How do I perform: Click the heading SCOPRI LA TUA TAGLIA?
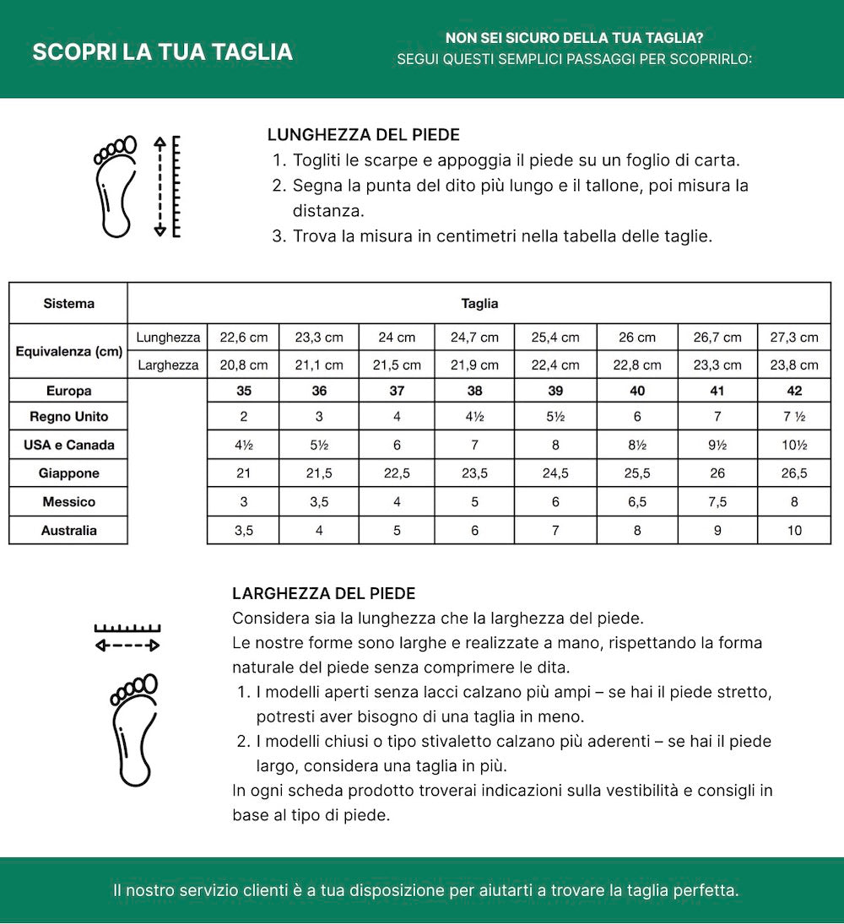[x=162, y=51]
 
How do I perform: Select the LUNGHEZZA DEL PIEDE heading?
[x=363, y=135]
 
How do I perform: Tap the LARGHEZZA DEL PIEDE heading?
[x=323, y=594]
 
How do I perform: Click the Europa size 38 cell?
[x=474, y=391]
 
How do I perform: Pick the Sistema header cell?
[x=68, y=303]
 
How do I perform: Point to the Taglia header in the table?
[x=479, y=303]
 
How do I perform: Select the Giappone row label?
[x=68, y=473]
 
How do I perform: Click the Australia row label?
[x=68, y=531]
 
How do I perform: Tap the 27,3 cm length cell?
[x=794, y=338]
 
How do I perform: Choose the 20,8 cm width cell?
[x=243, y=365]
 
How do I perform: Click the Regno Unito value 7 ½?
[x=794, y=417]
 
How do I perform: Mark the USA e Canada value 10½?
[x=794, y=445]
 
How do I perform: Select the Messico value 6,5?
[x=636, y=502]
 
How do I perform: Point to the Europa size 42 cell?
[x=794, y=391]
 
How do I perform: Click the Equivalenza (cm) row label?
[x=68, y=350]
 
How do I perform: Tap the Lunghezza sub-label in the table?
[x=168, y=338]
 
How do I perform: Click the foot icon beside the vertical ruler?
[x=115, y=186]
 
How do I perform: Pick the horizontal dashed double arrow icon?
[x=127, y=646]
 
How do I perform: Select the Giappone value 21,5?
[x=319, y=473]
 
